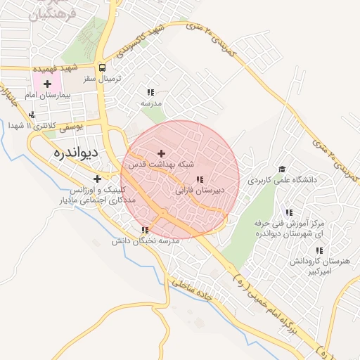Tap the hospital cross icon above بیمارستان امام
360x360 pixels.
tap(47, 84)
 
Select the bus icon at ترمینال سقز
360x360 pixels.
tap(103, 68)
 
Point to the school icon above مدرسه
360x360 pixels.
tap(150, 92)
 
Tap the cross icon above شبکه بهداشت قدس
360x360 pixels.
tap(161, 153)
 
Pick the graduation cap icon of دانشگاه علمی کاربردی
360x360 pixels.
tap(282, 169)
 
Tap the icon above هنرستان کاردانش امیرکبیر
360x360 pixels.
tap(319, 250)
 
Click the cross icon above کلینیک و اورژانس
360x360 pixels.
tap(97, 179)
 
